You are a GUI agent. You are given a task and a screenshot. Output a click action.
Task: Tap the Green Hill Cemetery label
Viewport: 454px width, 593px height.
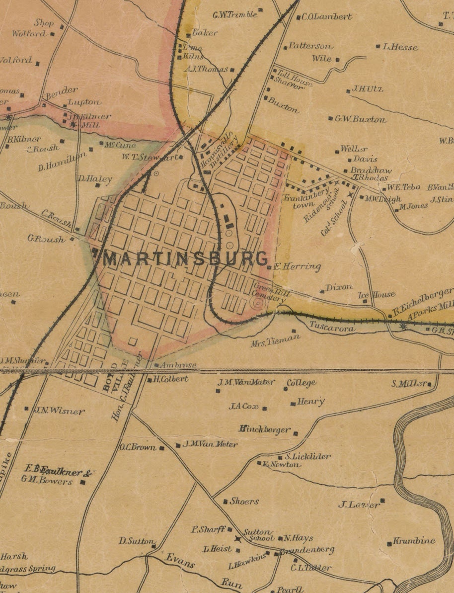pos(270,292)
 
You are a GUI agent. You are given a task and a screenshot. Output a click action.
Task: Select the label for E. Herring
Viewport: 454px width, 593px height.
pos(297,267)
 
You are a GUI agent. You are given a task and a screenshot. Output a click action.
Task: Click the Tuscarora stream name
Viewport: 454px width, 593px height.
pos(332,329)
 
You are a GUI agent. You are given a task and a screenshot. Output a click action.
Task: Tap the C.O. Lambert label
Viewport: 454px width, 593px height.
pos(326,16)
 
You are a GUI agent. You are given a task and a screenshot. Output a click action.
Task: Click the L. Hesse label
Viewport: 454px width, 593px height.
pos(400,47)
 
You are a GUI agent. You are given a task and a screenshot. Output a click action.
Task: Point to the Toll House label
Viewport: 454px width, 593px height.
pos(294,78)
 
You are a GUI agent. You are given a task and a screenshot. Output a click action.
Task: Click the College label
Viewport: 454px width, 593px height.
pos(302,383)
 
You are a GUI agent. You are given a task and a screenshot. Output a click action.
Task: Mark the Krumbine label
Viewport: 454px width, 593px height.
pos(414,541)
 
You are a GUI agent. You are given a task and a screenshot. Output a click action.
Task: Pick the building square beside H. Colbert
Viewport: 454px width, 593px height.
pos(150,380)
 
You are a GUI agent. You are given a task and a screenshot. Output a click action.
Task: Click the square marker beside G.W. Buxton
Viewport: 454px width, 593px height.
pos(330,118)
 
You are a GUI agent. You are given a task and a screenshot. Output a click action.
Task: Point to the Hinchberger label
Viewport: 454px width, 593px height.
pos(264,429)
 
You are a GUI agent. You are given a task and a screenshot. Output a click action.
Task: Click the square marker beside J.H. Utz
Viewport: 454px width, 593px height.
pos(347,90)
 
